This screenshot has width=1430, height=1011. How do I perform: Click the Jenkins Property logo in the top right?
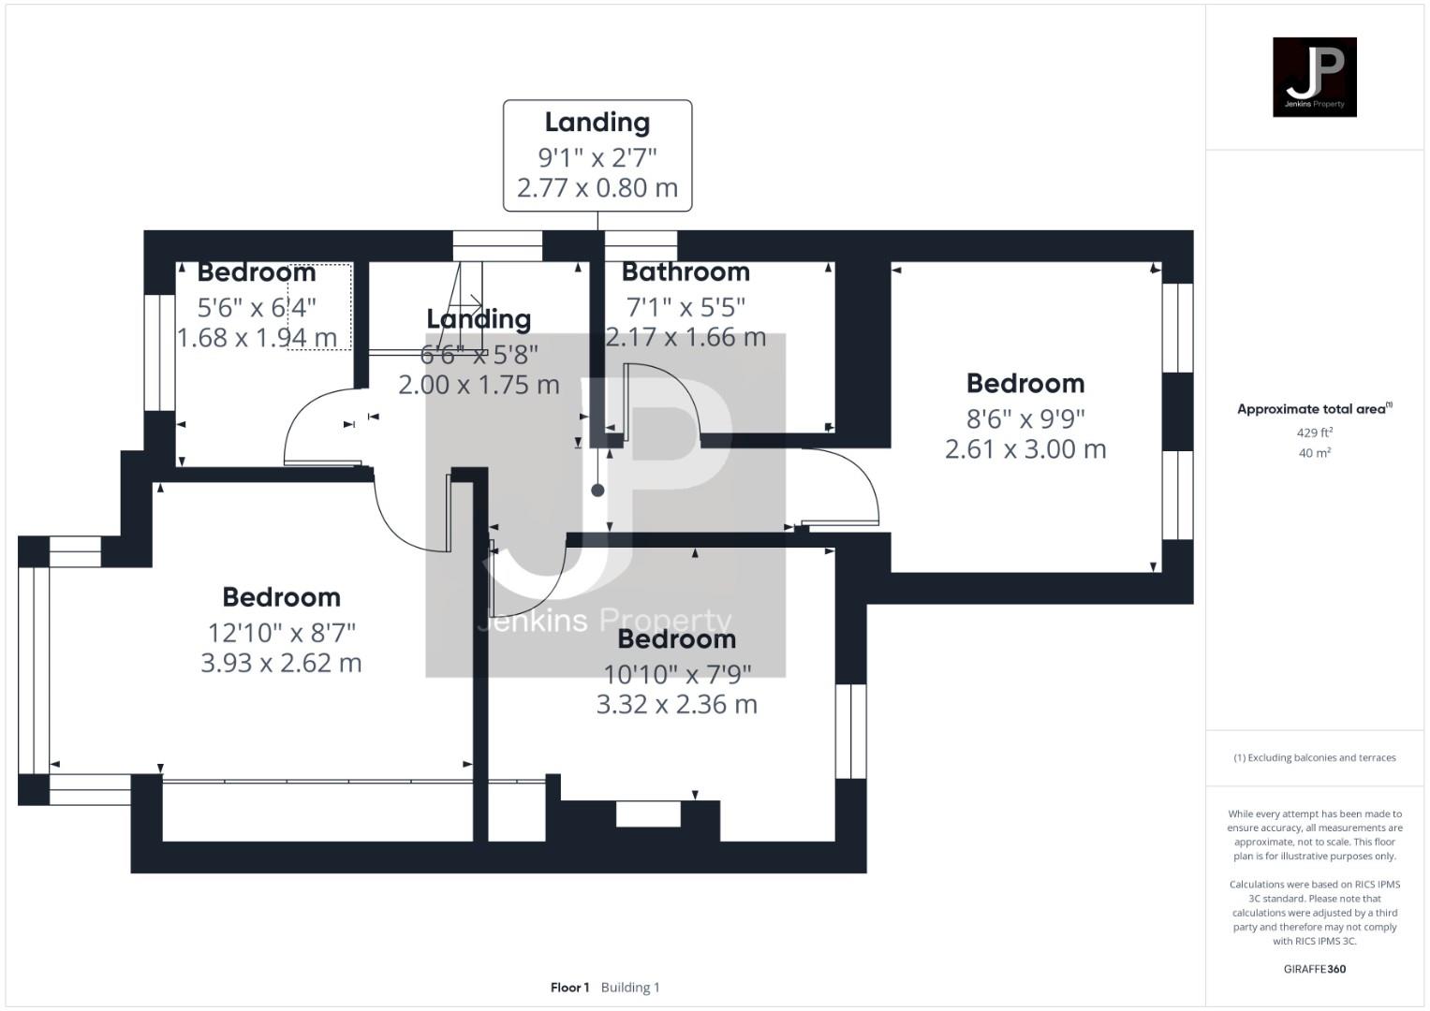coord(1314,77)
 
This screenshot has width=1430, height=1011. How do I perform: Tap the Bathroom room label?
coord(686,272)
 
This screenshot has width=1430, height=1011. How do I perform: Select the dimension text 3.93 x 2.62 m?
coord(281,663)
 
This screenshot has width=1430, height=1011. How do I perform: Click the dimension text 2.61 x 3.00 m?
coord(1025,449)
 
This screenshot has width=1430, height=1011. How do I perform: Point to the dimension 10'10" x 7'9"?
coord(677,673)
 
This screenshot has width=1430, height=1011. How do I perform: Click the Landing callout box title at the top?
coord(597,123)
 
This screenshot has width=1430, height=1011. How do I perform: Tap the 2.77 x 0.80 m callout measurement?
coord(597,188)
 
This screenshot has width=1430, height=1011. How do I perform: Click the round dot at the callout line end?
coord(597,490)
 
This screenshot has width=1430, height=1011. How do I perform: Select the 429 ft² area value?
coord(1314,432)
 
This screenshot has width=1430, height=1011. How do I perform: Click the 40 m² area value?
coord(1314,453)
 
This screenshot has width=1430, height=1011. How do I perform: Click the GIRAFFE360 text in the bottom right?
coord(1314,969)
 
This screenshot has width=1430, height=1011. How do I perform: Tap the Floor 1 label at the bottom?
coord(569,988)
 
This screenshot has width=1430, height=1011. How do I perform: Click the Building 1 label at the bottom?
coord(630,988)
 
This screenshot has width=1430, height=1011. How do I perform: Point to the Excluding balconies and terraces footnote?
coord(1314,757)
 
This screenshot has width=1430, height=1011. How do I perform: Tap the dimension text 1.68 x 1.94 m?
coord(257,338)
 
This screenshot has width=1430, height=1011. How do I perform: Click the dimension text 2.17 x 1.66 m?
coord(686,338)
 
